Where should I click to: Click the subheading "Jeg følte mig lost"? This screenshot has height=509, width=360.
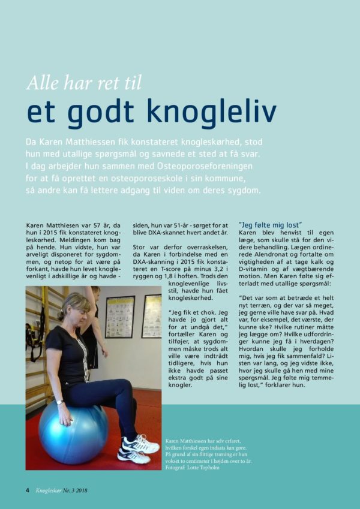point(270,224)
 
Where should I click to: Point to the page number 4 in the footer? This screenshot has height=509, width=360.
point(27,489)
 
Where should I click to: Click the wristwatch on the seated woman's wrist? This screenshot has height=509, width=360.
point(60,402)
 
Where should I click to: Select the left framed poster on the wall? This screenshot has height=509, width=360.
point(119,317)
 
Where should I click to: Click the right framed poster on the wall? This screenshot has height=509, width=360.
point(152,316)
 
